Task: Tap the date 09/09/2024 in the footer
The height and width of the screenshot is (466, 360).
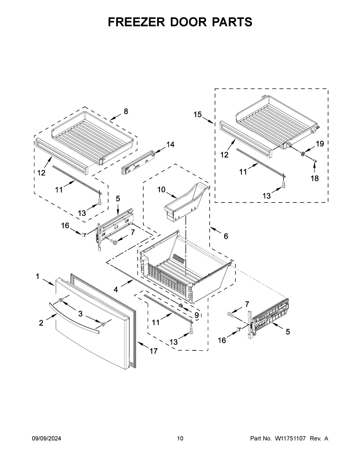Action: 46,439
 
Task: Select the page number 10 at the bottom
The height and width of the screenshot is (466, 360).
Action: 180,439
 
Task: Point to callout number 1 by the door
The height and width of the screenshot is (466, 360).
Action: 38,276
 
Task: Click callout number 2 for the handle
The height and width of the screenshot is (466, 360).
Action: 41,323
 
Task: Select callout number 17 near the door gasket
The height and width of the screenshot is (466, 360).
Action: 153,351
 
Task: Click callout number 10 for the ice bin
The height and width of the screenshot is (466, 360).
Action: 161,190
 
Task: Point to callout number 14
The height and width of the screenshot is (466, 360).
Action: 170,144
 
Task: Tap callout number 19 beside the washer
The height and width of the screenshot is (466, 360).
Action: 320,144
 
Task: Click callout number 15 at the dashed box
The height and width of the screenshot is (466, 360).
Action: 197,114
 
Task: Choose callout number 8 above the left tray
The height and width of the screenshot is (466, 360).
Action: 126,111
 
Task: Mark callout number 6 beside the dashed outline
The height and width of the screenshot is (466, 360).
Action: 226,236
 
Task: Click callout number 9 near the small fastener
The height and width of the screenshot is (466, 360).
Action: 196,315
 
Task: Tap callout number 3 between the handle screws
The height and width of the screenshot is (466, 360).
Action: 80,314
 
